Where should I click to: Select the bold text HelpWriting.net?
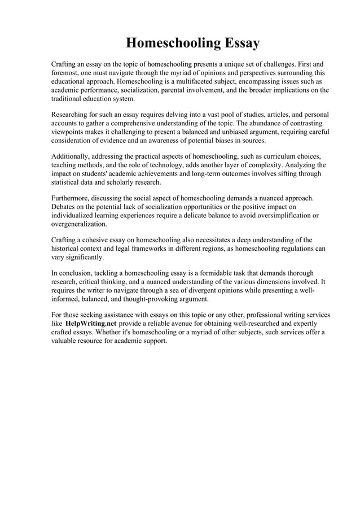coord(91,324)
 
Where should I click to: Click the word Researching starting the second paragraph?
coord(72,115)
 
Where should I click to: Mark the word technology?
coord(177,165)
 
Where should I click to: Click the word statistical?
coord(68,183)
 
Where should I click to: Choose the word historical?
coord(67,249)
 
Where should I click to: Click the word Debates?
coord(65,207)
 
